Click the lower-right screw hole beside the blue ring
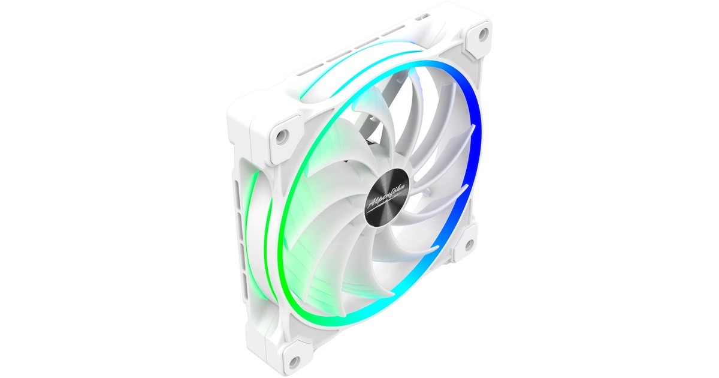pyautogui.click(x=469, y=244)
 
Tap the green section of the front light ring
pyautogui.click(x=286, y=228)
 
